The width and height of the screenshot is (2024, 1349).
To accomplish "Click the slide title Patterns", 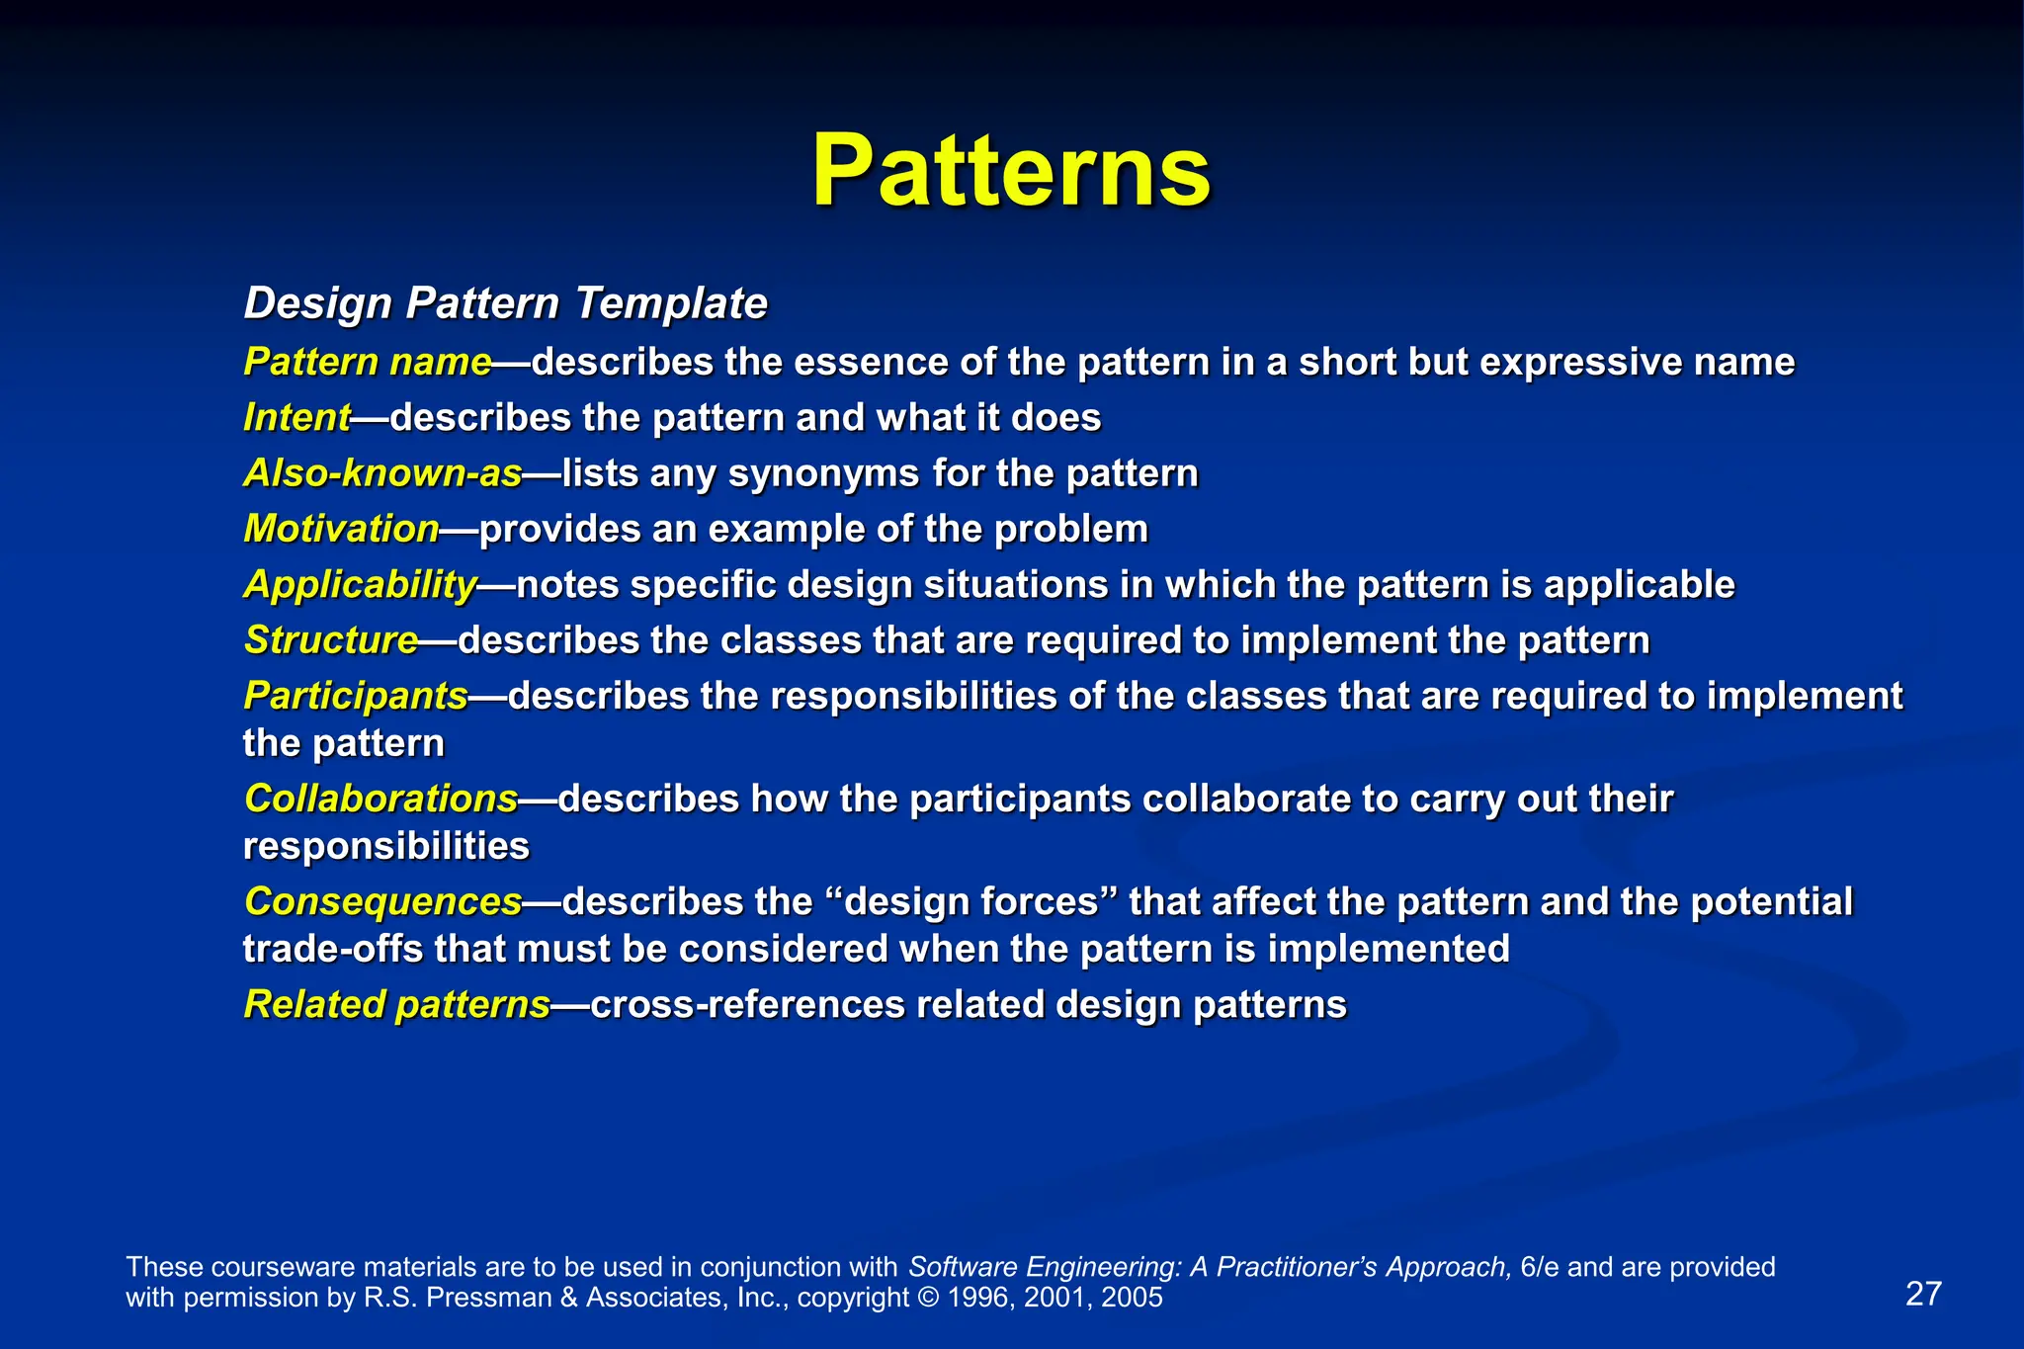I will [x=1011, y=172].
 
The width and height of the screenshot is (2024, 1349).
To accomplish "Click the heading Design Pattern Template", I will [x=505, y=303].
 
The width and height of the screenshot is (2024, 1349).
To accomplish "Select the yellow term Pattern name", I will [x=368, y=363].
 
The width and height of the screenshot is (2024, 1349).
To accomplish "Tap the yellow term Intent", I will [x=296, y=418].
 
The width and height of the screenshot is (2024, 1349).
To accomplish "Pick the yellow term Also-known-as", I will [x=382, y=473].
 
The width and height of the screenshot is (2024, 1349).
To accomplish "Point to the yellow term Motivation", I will [x=341, y=529].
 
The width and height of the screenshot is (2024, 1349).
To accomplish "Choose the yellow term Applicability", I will [x=361, y=585].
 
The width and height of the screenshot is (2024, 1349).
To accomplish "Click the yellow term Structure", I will [x=331, y=640].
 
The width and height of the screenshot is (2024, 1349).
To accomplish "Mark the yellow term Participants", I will [x=356, y=697].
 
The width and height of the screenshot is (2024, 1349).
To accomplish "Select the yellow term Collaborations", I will [x=380, y=799].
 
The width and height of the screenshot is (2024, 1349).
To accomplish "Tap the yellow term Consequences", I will [x=382, y=901].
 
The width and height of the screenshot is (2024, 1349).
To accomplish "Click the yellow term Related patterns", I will [x=396, y=1005].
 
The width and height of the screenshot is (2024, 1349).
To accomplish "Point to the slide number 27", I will [x=1923, y=1294].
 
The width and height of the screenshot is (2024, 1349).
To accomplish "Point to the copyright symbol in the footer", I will [x=928, y=1298].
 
